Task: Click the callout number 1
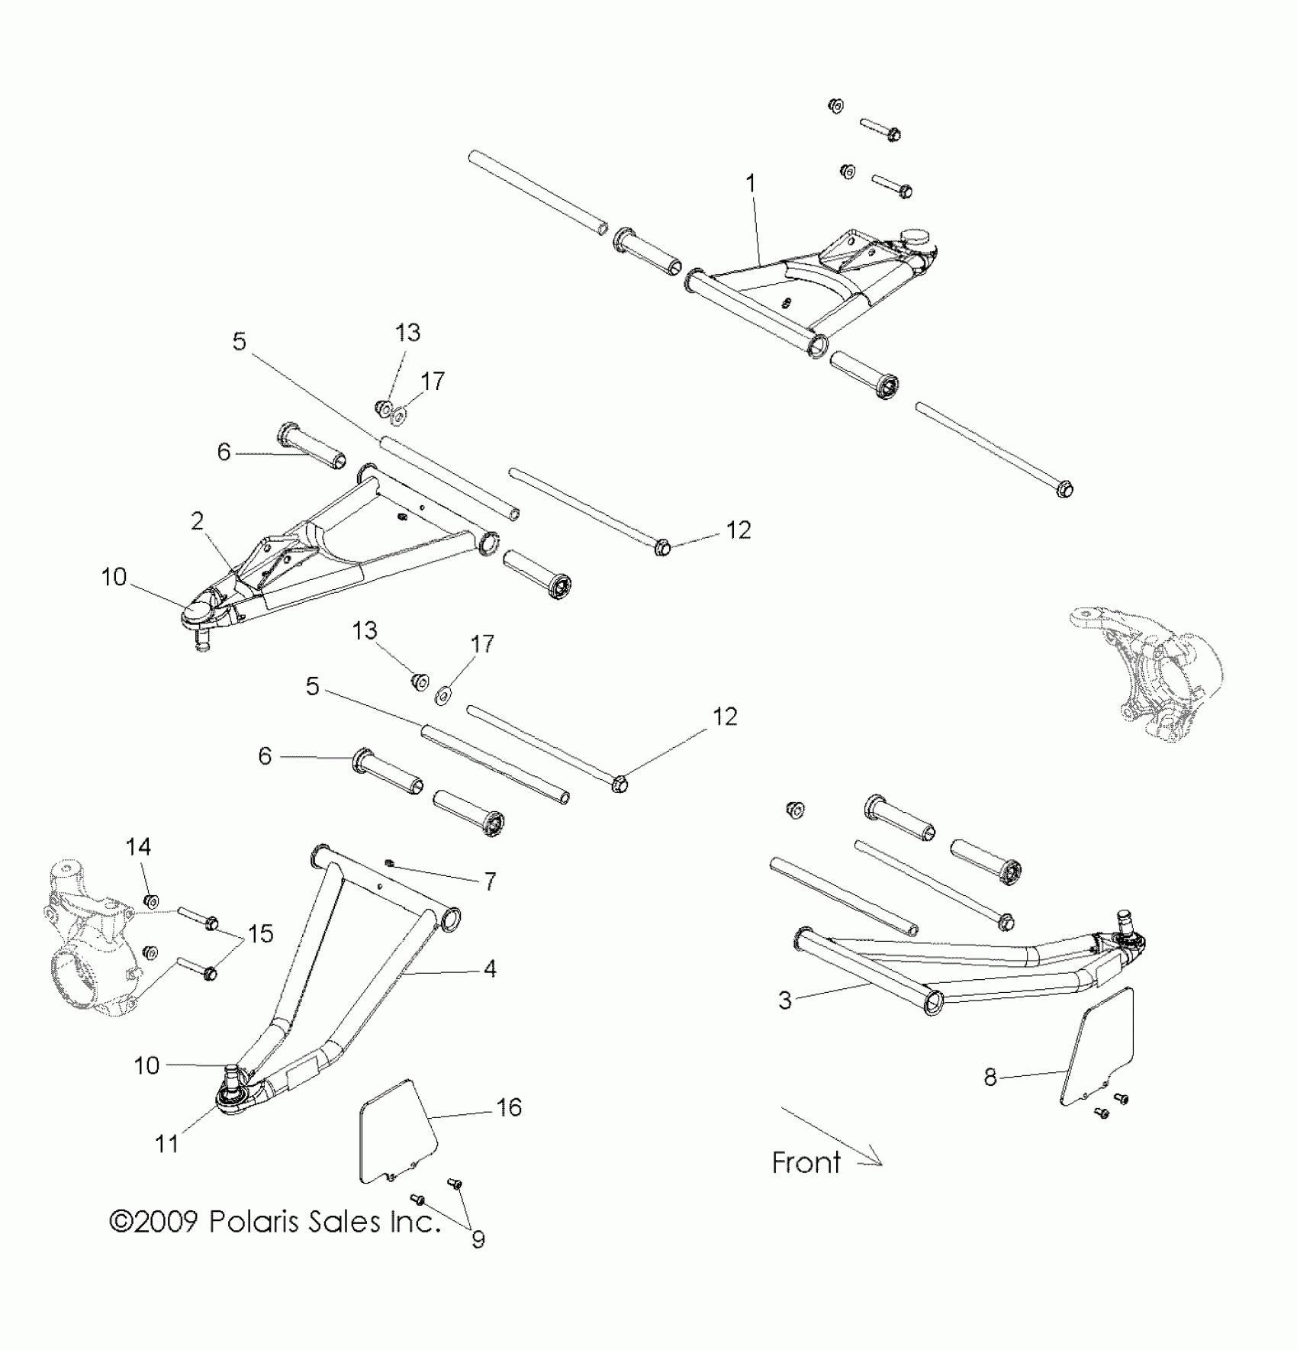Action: (751, 184)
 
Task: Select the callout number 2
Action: (197, 521)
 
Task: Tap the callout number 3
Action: (785, 1000)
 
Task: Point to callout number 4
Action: (490, 968)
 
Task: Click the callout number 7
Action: (490, 881)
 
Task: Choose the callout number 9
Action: (478, 1239)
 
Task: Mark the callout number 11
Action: (166, 1143)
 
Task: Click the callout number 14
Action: (139, 847)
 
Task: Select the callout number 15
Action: (261, 933)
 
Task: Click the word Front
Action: (806, 1163)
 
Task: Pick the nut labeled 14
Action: (151, 899)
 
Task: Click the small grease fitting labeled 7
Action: (388, 863)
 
